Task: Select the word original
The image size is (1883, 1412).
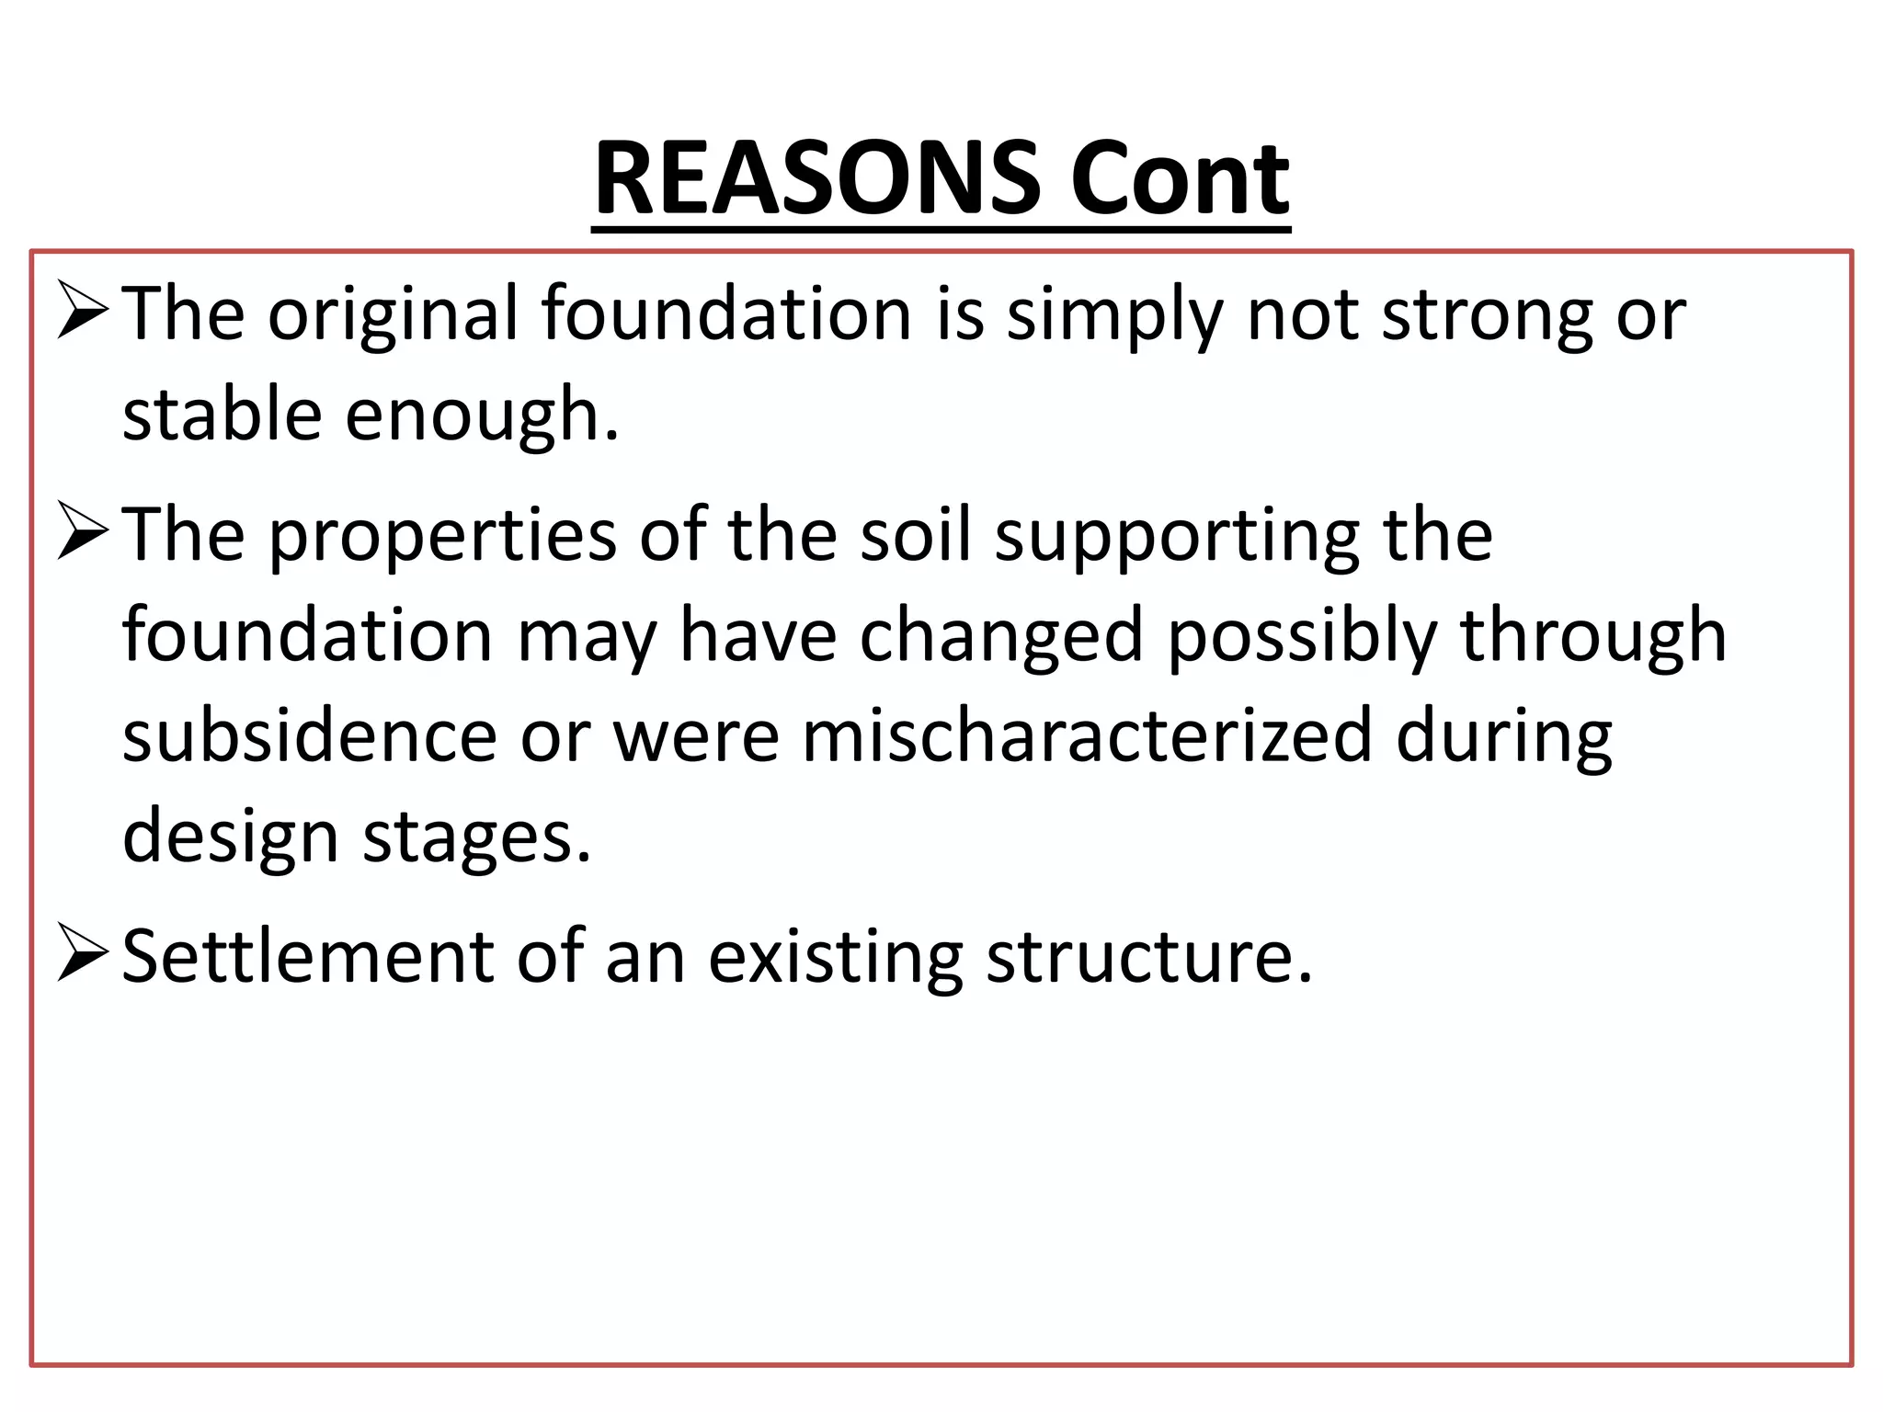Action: point(394,315)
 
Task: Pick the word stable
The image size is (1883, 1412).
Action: point(222,415)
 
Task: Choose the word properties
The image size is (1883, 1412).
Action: point(442,536)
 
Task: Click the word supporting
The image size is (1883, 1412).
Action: point(1177,536)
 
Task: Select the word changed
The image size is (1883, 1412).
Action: point(1001,636)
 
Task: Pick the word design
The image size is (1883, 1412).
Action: point(231,837)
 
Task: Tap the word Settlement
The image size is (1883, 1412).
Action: point(308,957)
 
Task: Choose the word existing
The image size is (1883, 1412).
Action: point(836,957)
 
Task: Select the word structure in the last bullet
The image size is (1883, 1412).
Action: point(1149,957)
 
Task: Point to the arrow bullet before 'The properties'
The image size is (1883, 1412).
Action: point(83,532)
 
